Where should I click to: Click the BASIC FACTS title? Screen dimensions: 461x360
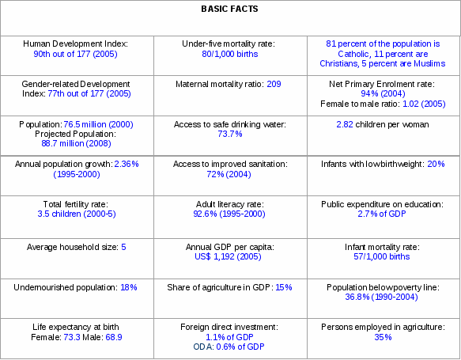point(229,9)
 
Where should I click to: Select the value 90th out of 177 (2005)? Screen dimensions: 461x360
point(75,54)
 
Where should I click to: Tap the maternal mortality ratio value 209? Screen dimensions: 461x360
point(274,84)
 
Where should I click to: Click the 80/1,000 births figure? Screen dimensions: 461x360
point(230,54)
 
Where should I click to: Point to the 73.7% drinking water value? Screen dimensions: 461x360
point(230,134)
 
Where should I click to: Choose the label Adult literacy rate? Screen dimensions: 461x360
point(230,204)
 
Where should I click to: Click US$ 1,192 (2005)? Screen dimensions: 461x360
point(228,256)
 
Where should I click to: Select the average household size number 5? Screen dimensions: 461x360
point(123,247)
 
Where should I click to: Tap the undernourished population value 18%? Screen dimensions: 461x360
point(129,287)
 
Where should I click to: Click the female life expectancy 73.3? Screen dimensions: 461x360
point(72,337)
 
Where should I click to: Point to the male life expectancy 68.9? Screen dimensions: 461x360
point(114,337)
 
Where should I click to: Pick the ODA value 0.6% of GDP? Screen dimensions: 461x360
point(240,347)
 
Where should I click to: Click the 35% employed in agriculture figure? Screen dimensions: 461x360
point(383,337)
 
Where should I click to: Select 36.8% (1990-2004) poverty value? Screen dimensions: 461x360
point(381,297)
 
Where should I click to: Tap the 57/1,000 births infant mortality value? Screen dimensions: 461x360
point(382,256)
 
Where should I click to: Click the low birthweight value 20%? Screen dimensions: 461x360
point(436,164)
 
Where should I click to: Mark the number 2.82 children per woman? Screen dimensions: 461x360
point(345,124)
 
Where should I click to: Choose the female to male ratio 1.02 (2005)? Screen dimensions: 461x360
point(424,104)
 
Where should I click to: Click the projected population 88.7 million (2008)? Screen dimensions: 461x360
point(76,143)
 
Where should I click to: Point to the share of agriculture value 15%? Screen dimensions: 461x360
point(284,287)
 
